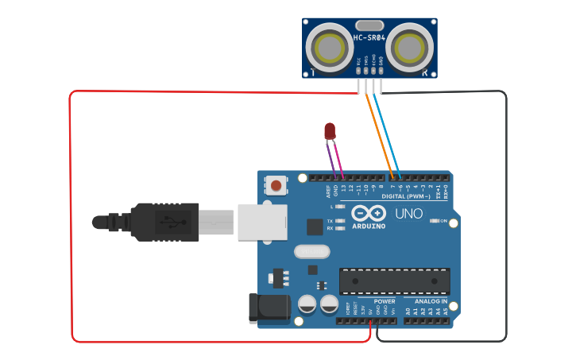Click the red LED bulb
330,130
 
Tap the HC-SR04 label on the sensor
369,37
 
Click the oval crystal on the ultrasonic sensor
369,25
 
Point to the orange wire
380,131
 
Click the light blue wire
387,131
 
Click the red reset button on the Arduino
276,186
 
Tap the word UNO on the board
409,214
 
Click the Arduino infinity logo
368,213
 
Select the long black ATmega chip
394,281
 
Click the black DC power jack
269,308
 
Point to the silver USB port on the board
260,221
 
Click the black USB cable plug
164,222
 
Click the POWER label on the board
385,301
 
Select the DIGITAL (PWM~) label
406,195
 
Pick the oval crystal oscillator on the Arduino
310,252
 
